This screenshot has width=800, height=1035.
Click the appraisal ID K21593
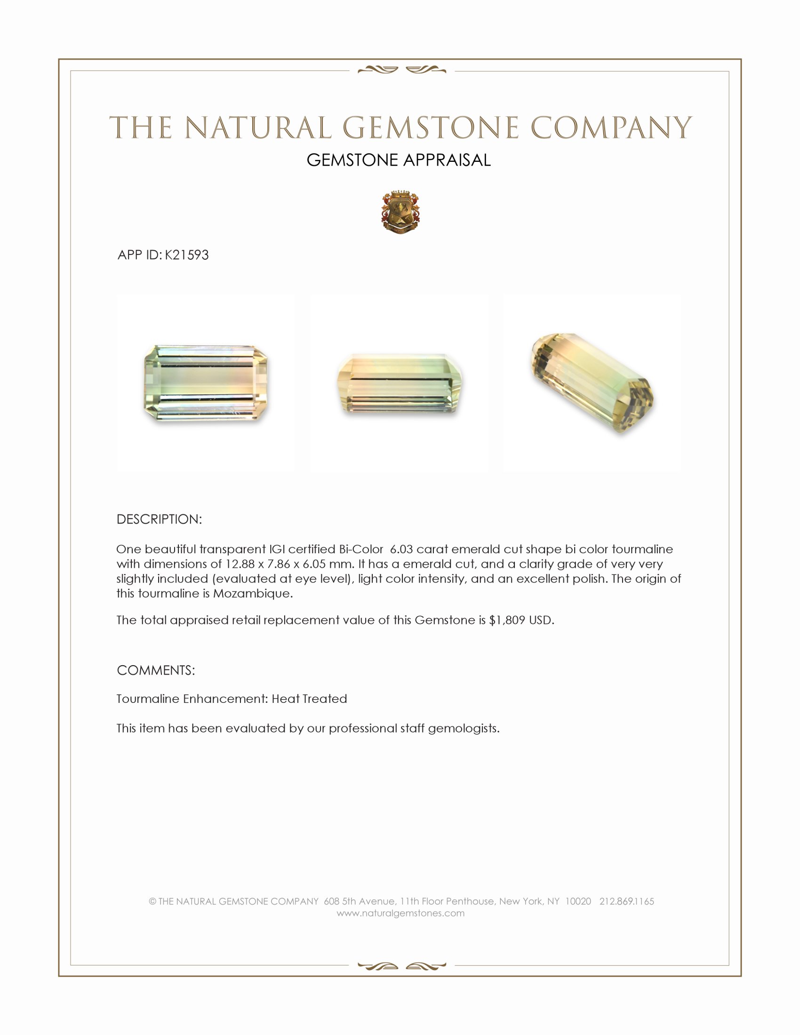[187, 255]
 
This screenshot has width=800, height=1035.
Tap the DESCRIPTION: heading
[159, 519]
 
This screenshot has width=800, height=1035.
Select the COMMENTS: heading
[156, 670]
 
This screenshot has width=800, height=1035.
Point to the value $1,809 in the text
[507, 620]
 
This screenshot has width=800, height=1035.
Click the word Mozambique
[253, 593]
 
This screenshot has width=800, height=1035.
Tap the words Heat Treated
[309, 699]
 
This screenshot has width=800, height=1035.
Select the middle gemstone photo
[400, 383]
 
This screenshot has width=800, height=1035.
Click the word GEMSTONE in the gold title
[430, 128]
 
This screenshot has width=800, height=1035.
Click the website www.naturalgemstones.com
[400, 913]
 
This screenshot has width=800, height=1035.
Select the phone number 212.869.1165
[626, 901]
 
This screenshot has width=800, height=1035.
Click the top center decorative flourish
[401, 70]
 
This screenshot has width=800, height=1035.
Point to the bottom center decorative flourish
[401, 966]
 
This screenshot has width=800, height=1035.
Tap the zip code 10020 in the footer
[578, 901]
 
